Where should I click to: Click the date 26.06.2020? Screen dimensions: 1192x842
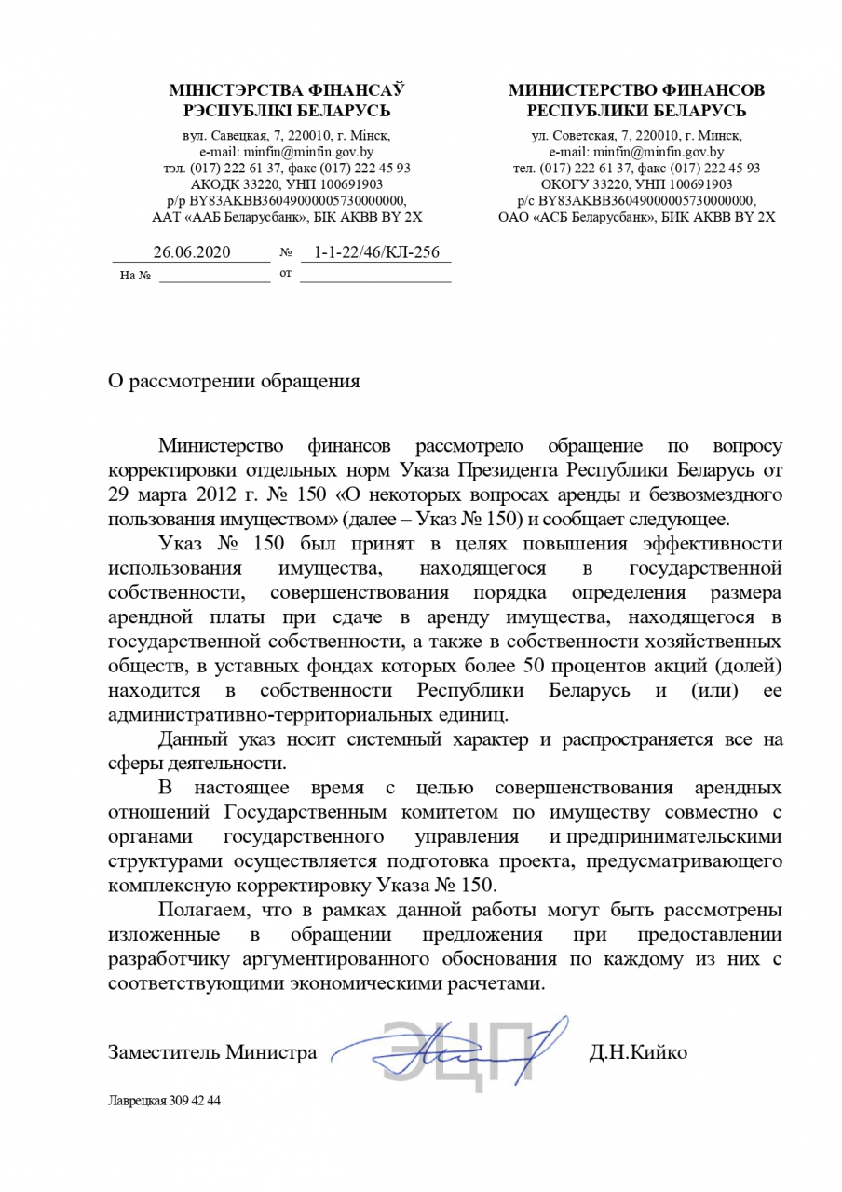pos(191,251)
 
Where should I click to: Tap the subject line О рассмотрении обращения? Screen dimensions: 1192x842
pos(233,381)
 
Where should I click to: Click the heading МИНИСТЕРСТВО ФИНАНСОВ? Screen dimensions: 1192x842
pos(636,90)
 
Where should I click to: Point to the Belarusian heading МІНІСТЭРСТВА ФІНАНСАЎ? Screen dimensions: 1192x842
pos(287,90)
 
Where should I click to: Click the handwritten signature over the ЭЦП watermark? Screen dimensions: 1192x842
pos(456,1050)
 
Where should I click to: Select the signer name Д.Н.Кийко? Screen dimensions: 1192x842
pos(638,1053)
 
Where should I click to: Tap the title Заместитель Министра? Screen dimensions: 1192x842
pos(212,1053)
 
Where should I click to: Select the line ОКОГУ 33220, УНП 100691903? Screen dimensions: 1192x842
pos(636,183)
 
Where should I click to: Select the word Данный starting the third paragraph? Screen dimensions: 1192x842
pos(190,740)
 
